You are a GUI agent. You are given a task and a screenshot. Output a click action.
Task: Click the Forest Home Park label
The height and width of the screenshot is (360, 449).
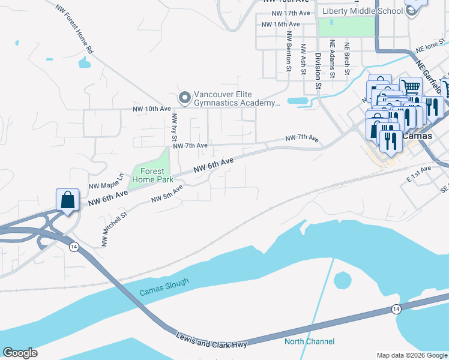click(x=152, y=175)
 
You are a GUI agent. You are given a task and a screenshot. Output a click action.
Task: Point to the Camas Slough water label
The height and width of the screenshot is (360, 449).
click(x=164, y=287)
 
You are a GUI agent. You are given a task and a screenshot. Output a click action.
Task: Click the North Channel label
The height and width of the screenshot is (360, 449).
click(x=309, y=342)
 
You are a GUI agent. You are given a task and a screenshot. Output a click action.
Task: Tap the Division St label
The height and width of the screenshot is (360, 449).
click(x=318, y=65)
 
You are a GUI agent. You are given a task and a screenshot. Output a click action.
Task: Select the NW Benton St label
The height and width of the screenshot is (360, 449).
click(x=289, y=52)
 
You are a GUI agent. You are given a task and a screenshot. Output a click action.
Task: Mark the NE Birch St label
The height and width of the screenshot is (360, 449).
click(x=346, y=59)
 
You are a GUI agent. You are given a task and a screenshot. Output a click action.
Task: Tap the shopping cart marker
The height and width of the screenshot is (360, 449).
click(x=411, y=88)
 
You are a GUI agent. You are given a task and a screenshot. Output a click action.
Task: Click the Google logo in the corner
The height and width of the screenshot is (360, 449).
click(x=20, y=353)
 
